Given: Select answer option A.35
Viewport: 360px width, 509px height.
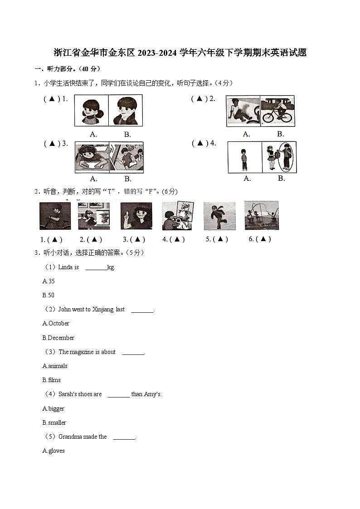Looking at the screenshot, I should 49,281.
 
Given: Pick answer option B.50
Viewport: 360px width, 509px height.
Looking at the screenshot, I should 49,295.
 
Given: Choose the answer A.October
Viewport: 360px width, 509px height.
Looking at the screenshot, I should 56,323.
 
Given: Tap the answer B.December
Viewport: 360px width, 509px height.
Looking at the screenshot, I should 58,338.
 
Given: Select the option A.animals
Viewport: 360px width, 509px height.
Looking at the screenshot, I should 55,366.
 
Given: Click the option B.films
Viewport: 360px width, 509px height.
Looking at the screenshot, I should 51,380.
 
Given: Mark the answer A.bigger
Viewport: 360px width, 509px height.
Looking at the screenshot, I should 54,408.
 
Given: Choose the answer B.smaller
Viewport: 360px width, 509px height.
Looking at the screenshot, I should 54,422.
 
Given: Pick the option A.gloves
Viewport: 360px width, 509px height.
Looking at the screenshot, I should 54,451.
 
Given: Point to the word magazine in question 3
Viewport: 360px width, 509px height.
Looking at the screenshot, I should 82,352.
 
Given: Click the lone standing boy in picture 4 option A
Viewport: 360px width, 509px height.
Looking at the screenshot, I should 244,157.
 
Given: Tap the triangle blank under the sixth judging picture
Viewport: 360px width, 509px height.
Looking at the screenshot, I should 263,239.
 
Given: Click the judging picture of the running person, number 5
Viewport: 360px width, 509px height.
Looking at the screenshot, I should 219,216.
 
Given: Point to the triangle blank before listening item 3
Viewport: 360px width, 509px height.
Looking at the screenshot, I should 52,144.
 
